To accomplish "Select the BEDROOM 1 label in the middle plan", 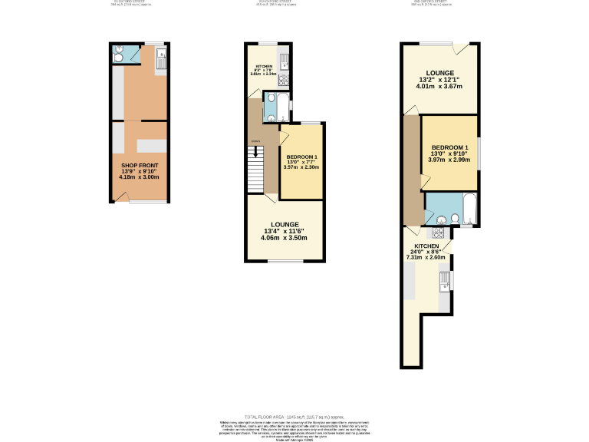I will [301, 157].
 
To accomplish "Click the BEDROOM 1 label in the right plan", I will [449, 147].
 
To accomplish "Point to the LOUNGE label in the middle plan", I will [284, 224].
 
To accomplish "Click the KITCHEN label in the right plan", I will [426, 246].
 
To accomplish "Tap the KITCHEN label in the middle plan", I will [264, 68].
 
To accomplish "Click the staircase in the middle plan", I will [256, 169].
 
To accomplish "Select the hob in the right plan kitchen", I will [439, 233].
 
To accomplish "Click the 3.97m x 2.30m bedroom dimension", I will [301, 167].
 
